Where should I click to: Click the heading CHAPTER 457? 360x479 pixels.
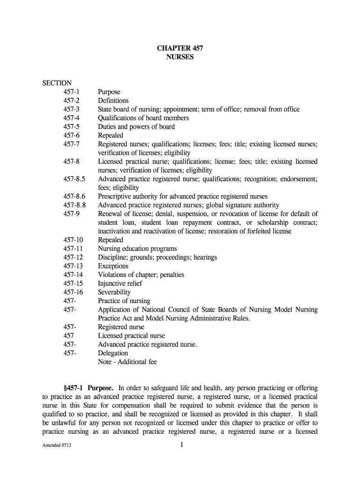[180, 48]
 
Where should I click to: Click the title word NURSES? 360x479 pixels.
[180, 57]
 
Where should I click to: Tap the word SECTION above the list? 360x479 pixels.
[57, 83]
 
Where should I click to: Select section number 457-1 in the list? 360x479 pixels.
[72, 92]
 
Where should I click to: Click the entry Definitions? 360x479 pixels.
[113, 101]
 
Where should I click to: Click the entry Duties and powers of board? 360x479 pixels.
[137, 127]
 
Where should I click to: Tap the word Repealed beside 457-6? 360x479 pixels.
[110, 136]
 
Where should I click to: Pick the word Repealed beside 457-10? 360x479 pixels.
[110, 240]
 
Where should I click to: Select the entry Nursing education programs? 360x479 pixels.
[137, 249]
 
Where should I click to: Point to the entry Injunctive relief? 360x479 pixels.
[120, 283]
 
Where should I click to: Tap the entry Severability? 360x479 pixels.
[114, 292]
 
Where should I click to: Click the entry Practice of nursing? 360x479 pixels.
[124, 301]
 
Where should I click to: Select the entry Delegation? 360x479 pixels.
[113, 353]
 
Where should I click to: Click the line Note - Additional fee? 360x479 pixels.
[127, 362]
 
